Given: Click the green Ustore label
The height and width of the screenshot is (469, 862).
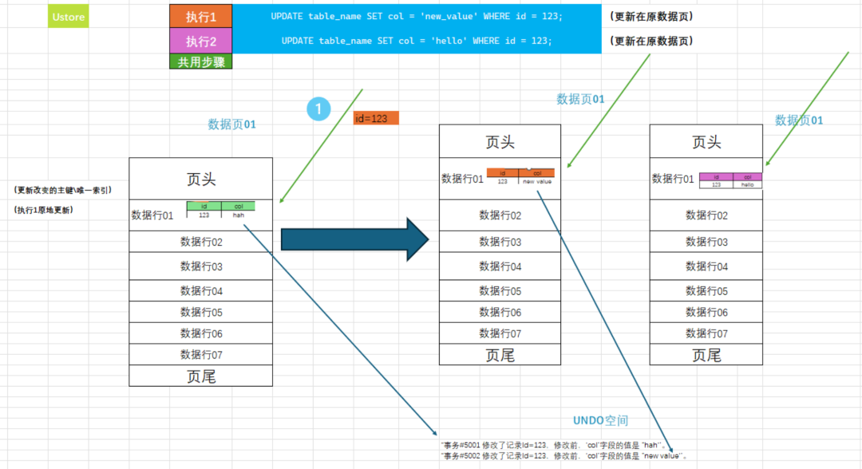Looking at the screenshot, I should [x=68, y=16].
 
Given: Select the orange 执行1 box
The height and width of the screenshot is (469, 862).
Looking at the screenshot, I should [x=200, y=16].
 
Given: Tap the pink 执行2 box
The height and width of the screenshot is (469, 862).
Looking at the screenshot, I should [x=200, y=41].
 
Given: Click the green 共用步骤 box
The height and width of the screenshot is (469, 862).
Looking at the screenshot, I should [x=200, y=61].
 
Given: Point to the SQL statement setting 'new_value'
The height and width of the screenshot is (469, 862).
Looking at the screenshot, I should [x=416, y=16].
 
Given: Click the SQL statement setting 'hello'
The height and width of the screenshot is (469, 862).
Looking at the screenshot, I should [x=416, y=41].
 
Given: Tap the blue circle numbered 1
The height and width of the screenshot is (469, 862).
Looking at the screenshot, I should [x=318, y=109].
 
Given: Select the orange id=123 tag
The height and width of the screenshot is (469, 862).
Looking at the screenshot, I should [x=375, y=118].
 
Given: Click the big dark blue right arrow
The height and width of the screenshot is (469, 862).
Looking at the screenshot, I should [x=355, y=238].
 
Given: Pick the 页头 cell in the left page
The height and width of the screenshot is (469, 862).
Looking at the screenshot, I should [x=200, y=179].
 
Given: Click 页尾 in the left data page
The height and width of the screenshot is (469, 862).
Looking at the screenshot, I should [x=200, y=376].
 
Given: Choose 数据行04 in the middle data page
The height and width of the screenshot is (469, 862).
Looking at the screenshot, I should [x=500, y=266].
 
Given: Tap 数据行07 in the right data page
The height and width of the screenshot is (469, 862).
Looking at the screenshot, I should [x=706, y=333].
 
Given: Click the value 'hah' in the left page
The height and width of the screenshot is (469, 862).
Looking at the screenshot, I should [x=238, y=215].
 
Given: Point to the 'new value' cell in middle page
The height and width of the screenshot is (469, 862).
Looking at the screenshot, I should [x=536, y=182].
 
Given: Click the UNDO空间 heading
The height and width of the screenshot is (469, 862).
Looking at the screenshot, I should [x=600, y=420].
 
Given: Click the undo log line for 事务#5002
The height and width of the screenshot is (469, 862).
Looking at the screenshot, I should [x=563, y=455].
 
